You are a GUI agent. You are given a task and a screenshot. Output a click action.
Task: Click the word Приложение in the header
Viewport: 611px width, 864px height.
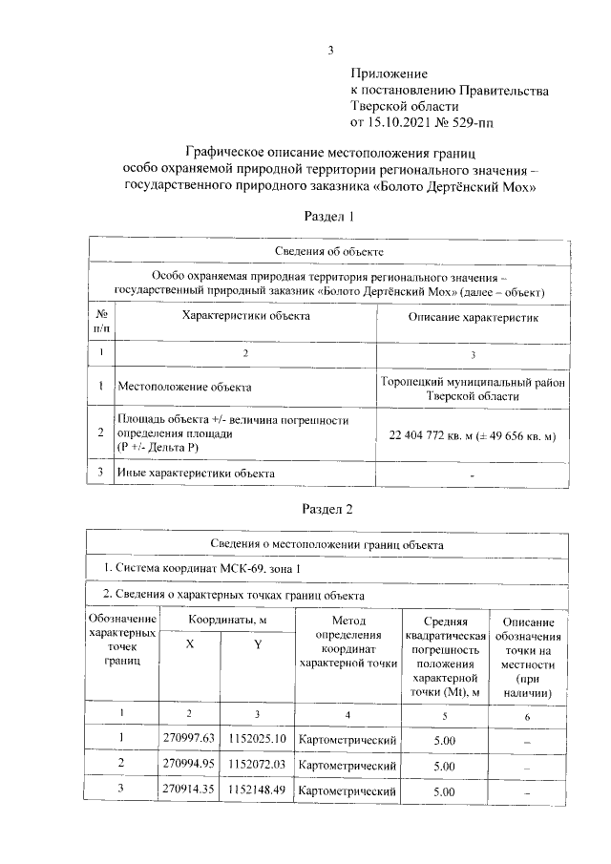point(390,73)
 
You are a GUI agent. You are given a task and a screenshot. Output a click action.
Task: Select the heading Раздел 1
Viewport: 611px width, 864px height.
point(328,217)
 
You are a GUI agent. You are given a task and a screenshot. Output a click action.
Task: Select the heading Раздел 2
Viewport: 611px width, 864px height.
point(328,508)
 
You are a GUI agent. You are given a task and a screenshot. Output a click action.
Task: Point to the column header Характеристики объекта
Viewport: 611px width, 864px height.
point(245,316)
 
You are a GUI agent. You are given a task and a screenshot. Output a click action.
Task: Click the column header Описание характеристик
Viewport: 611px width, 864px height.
point(474,316)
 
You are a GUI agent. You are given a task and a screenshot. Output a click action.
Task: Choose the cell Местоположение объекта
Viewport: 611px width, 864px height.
point(184,388)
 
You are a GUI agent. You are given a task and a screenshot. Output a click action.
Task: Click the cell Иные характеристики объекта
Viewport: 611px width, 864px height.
point(196,473)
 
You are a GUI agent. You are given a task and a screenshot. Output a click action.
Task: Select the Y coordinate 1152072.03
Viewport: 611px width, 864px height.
point(257,765)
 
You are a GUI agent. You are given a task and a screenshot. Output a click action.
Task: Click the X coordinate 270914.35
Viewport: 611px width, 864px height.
point(189,790)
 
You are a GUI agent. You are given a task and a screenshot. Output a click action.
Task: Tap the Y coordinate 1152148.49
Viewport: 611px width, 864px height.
point(257,790)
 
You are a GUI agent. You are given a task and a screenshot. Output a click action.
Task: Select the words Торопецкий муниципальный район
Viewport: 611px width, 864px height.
point(474,381)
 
